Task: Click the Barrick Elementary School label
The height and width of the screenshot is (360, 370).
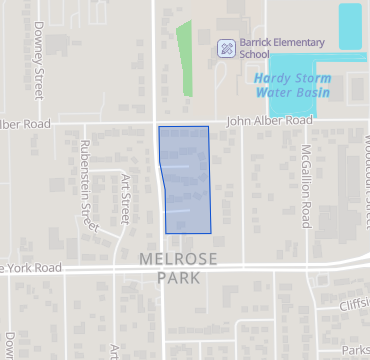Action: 281,48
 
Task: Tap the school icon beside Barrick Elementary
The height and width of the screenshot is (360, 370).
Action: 227,47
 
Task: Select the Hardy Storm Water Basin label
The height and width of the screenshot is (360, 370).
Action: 291,85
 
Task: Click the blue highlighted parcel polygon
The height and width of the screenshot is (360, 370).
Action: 186,180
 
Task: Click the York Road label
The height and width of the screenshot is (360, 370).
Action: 30,268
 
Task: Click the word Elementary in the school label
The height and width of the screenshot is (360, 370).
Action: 294,42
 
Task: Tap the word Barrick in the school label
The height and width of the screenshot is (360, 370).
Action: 256,42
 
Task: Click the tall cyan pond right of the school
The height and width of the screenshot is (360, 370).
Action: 349,26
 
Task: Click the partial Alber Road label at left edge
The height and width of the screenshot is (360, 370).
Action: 24,124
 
